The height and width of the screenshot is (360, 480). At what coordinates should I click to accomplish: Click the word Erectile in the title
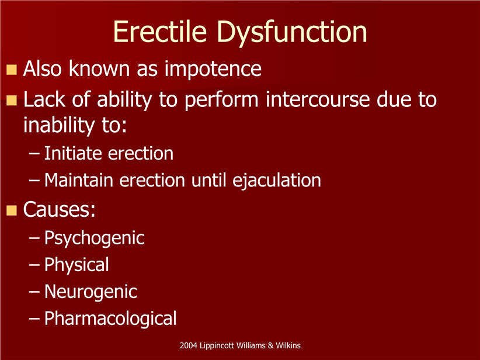159,32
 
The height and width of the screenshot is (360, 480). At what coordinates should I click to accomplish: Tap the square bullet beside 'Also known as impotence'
12,70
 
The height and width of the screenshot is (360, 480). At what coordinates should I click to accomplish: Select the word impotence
213,69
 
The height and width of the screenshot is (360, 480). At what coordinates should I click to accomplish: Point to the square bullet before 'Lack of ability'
12,101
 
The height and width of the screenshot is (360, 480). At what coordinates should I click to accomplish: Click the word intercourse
317,99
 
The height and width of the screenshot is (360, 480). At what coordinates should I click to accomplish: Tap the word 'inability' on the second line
59,126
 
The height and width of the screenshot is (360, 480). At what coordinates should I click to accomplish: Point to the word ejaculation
277,181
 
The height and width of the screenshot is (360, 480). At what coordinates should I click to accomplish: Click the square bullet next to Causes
12,210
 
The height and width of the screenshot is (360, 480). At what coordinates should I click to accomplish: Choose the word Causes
59,210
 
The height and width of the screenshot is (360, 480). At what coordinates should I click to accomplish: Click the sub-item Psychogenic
94,238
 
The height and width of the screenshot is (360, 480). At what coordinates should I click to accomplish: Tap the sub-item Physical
76,265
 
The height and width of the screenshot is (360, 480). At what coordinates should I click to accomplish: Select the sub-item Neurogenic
91,292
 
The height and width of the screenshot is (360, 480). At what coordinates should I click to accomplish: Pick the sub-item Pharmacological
110,319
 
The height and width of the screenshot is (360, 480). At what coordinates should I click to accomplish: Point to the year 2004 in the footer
188,345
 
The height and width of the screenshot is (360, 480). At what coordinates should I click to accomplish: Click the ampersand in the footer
270,345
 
